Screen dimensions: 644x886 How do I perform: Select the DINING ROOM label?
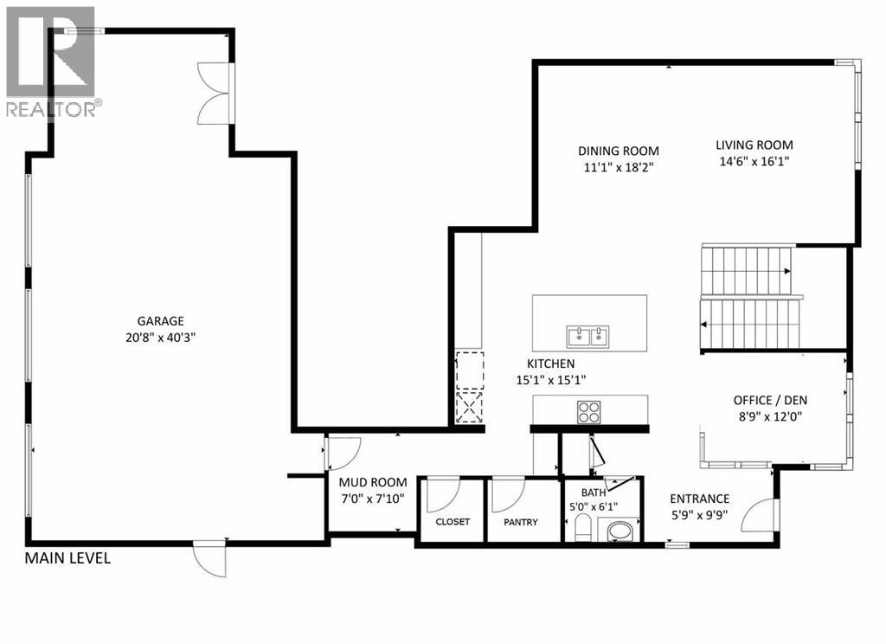pos(619,151)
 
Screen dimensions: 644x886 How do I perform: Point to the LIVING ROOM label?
pos(754,145)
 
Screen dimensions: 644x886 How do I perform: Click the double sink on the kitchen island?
pos(588,335)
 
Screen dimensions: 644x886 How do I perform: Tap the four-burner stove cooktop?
pos(588,411)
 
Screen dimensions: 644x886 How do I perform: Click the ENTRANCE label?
pos(700,499)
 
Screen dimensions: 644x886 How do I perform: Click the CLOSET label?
pos(453,522)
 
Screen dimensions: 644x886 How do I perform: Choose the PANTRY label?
pos(521,522)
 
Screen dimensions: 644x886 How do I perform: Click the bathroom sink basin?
pos(620,529)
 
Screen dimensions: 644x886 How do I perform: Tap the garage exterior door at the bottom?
pos(211,559)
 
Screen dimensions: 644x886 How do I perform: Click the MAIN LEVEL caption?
pos(67,558)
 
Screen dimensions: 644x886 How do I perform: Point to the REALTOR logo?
pos(51,61)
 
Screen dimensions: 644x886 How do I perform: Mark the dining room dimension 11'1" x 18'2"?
pos(619,167)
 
